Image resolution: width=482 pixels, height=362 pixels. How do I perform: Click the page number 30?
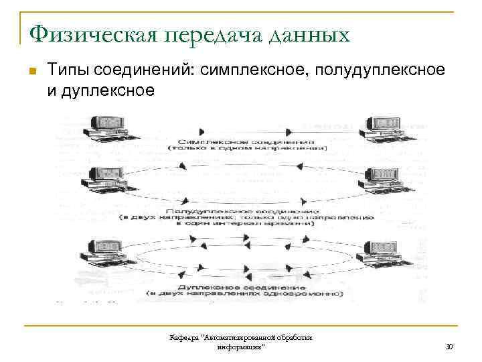(449, 347)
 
